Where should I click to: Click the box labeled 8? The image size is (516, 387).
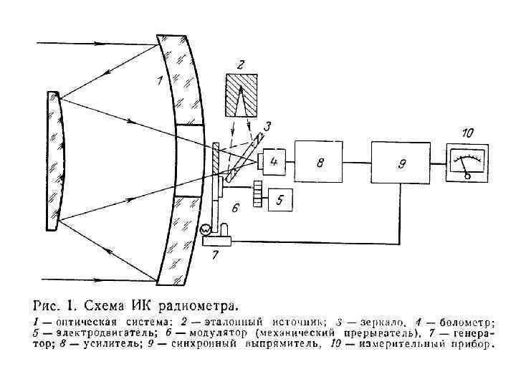click(x=320, y=164)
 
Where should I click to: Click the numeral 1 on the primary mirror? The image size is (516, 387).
click(x=160, y=81)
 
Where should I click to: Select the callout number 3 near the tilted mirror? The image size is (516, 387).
click(x=267, y=127)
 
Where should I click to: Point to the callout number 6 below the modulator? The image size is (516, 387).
click(x=234, y=209)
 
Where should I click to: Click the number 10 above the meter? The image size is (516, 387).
click(x=467, y=133)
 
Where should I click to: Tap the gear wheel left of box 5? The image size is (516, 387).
click(x=258, y=193)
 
